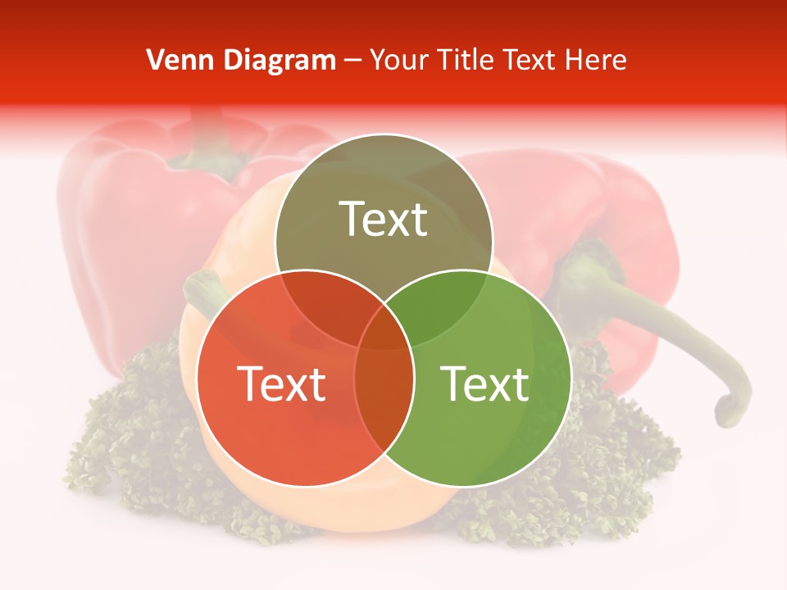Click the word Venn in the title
click(175, 60)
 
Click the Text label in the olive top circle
click(384, 219)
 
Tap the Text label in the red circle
click(281, 383)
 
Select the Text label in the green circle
click(485, 383)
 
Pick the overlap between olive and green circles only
click(443, 307)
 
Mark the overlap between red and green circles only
click(384, 410)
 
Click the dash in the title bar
click(353, 60)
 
